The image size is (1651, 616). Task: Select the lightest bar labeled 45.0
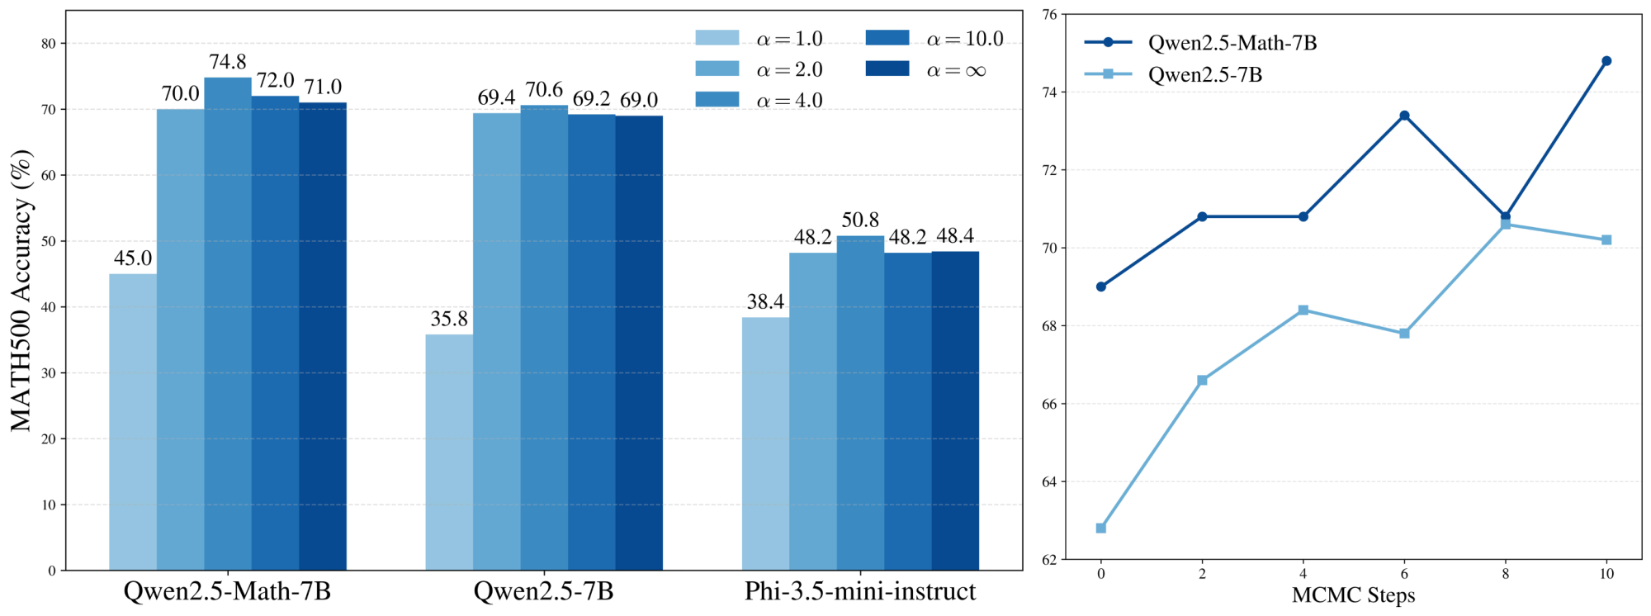(x=133, y=422)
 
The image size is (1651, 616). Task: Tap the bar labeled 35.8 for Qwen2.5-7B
(x=449, y=453)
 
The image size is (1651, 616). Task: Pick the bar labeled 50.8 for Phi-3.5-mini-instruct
(x=860, y=403)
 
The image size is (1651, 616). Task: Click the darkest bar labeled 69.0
(x=639, y=343)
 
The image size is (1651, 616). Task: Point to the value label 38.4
(x=765, y=302)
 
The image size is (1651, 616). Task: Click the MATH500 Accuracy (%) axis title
(x=22, y=291)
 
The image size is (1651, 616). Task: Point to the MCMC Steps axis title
(x=1353, y=595)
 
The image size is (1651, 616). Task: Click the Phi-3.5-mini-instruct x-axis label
(x=860, y=591)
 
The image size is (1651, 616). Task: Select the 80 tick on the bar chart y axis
(x=49, y=44)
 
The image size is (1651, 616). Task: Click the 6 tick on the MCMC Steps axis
(x=1404, y=574)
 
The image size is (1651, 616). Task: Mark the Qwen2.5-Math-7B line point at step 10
(x=1606, y=61)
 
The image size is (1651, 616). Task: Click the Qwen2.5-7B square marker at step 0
(x=1101, y=528)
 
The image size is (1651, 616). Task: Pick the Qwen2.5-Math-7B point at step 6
(x=1404, y=116)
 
